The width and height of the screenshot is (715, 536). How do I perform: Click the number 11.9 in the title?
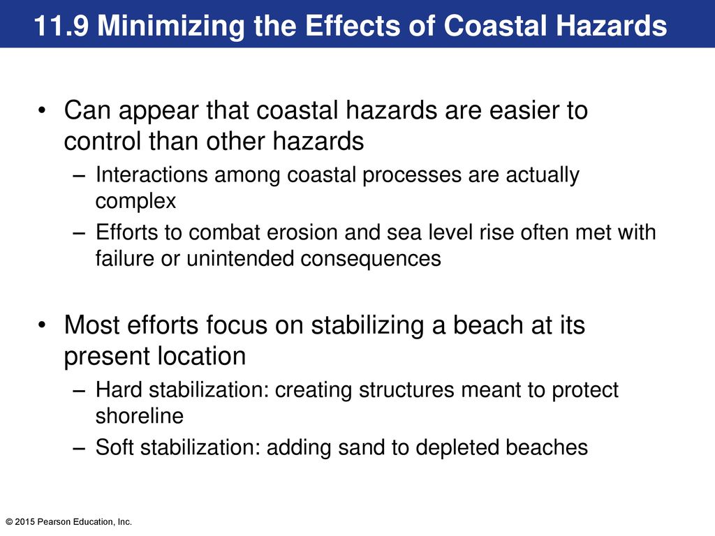click(x=61, y=26)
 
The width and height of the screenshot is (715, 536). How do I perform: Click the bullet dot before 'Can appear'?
click(x=43, y=110)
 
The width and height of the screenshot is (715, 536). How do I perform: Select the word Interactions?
click(x=152, y=174)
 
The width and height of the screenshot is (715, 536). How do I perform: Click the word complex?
click(x=135, y=201)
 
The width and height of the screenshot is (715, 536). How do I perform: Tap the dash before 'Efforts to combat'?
click(x=79, y=233)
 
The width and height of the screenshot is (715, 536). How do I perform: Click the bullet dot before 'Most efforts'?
click(x=43, y=325)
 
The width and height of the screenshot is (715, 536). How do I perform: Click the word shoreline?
click(x=140, y=416)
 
